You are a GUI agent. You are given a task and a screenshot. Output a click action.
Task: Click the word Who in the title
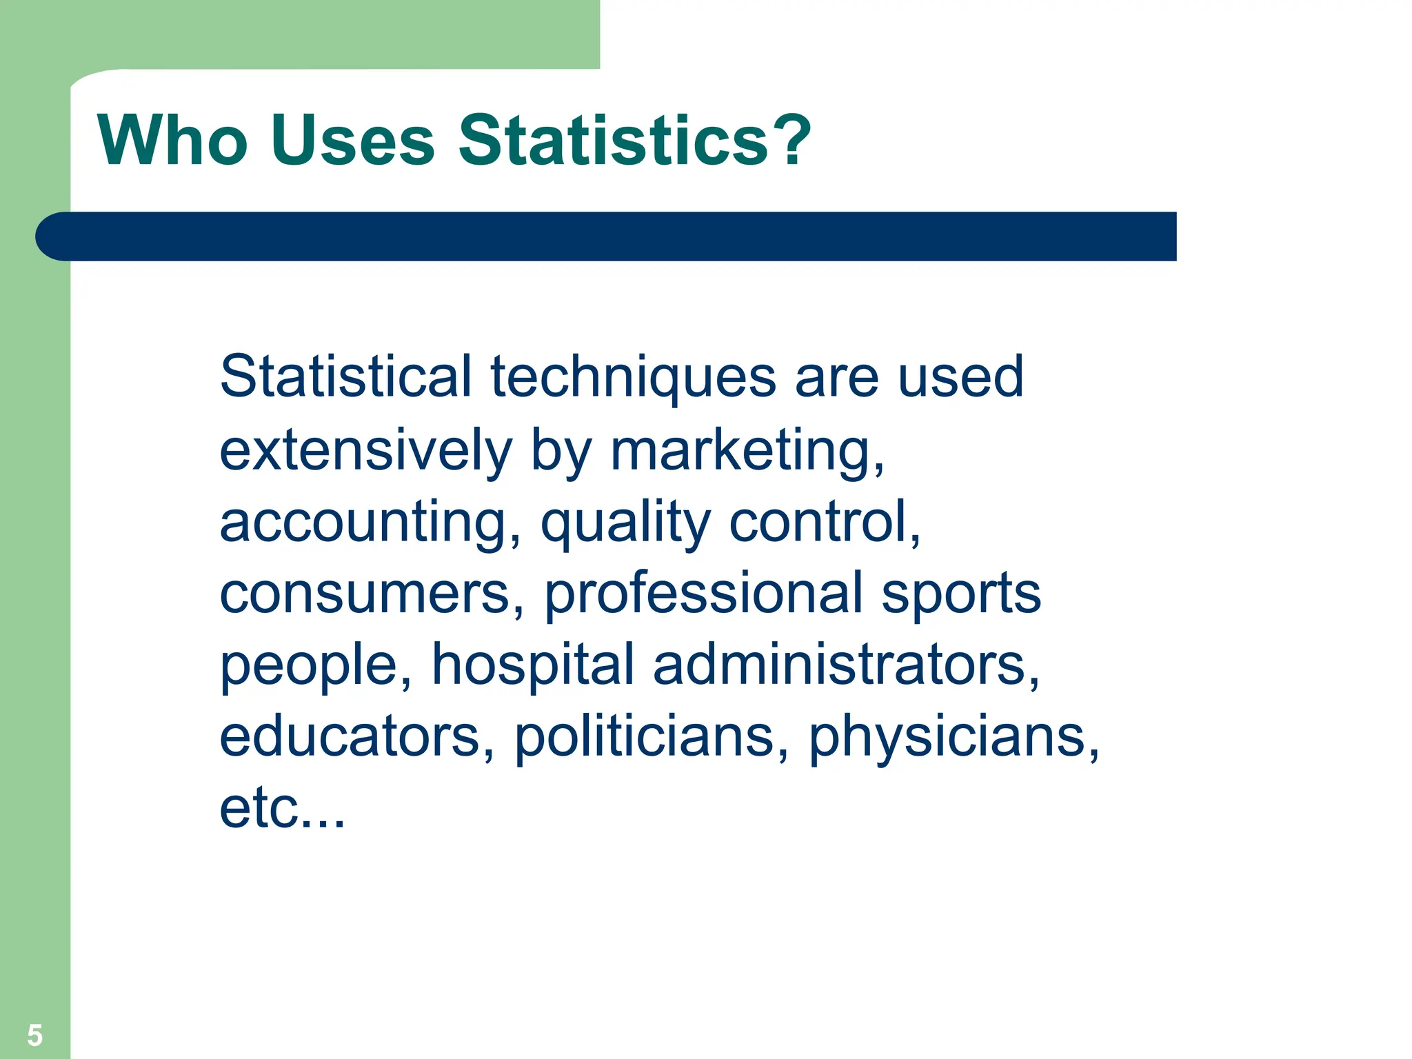click(x=172, y=141)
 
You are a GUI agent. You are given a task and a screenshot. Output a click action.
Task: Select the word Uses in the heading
click(x=352, y=141)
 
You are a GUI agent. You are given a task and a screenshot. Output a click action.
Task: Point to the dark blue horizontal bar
click(x=607, y=236)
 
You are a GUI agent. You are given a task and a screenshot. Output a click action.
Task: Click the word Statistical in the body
click(x=345, y=376)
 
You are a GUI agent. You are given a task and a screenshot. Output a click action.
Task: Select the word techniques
click(x=633, y=378)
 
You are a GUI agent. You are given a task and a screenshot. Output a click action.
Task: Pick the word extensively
click(x=366, y=450)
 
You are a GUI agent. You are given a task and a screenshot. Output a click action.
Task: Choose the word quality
click(x=625, y=523)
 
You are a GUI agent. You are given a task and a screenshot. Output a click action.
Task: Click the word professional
click(x=703, y=595)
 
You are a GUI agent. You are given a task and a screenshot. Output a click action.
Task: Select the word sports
click(x=961, y=595)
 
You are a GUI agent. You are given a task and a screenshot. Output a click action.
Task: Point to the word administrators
click(x=845, y=665)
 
